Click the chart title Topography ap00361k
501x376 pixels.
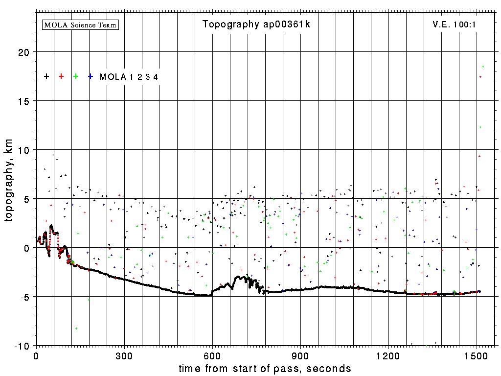[256, 24]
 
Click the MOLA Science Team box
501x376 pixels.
[81, 24]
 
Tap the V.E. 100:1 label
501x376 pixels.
[451, 24]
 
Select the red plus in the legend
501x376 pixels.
[61, 76]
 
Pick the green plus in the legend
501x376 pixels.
[76, 76]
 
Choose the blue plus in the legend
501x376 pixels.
[91, 76]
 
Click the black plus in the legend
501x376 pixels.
[46, 76]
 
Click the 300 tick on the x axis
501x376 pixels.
[124, 354]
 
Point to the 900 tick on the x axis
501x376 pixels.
[300, 354]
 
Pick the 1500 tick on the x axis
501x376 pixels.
[477, 354]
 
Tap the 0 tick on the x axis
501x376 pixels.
[36, 354]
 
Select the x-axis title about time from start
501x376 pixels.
[265, 368]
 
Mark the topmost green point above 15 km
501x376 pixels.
[483, 67]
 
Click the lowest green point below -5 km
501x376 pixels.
[76, 328]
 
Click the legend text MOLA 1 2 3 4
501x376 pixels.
[129, 77]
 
